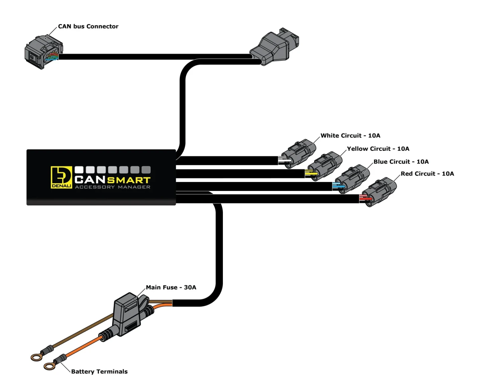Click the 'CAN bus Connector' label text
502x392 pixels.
click(88, 26)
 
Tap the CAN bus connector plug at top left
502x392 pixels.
click(43, 53)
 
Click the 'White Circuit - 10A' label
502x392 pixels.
click(350, 135)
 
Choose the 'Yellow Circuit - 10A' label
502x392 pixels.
click(378, 149)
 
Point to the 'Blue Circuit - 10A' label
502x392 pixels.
click(401, 162)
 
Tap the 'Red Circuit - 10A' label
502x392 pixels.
click(427, 174)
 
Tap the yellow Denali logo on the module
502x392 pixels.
click(61, 177)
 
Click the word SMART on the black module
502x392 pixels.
click(129, 180)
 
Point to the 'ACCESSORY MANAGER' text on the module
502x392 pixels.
click(112, 187)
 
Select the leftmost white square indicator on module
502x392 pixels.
click(79, 170)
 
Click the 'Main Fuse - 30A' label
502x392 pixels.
click(171, 287)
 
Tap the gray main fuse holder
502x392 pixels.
click(128, 314)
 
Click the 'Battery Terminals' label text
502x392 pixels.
click(99, 372)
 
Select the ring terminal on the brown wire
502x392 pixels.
click(36, 357)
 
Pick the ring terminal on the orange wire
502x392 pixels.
click(50, 367)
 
